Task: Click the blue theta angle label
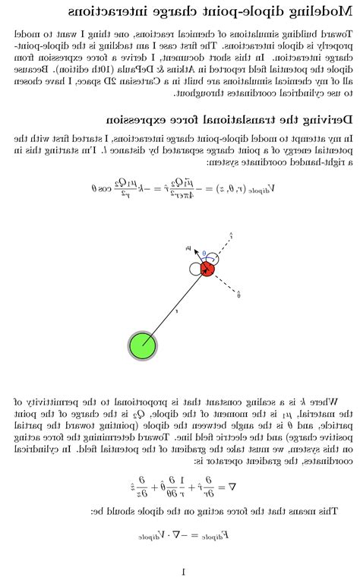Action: [204, 254]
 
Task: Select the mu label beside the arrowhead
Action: [188, 247]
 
